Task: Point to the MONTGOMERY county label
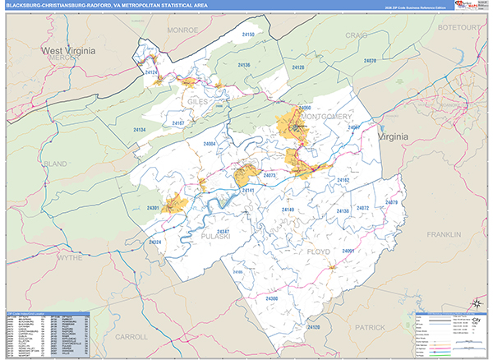click(325, 117)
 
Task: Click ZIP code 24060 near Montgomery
click(305, 108)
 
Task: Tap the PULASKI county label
click(215, 236)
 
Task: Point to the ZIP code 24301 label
click(152, 208)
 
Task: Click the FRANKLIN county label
click(444, 235)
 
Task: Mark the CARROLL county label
click(133, 336)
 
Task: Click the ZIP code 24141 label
click(248, 190)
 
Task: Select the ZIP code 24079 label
click(391, 202)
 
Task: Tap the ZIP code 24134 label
click(138, 131)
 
